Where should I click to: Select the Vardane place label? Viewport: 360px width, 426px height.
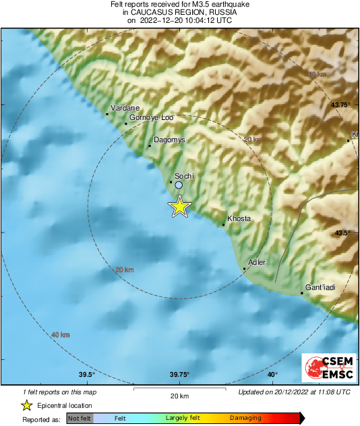[x=125, y=108]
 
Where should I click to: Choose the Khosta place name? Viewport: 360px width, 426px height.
[x=239, y=219]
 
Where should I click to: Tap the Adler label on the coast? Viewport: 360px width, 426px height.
[x=257, y=262]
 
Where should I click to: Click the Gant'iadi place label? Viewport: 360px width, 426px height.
[x=321, y=287]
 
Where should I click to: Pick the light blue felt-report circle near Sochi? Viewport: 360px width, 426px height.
[x=179, y=184]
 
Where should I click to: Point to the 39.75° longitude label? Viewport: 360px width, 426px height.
[x=179, y=375]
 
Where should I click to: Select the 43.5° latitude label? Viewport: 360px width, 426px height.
[x=343, y=233]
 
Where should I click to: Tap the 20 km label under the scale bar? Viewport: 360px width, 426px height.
[x=179, y=395]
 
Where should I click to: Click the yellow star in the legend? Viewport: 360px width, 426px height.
[x=26, y=405]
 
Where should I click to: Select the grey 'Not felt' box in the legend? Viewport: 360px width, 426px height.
[x=78, y=419]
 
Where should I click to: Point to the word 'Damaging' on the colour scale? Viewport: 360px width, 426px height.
[x=245, y=419]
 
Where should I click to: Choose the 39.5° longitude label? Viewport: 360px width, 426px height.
[x=86, y=375]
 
